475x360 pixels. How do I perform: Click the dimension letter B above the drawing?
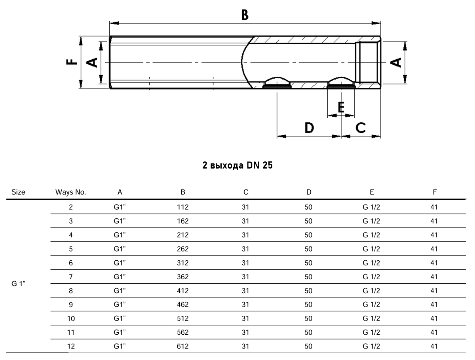coord(245,15)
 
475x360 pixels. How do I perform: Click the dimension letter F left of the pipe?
coord(72,62)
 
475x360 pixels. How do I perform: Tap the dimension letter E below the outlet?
coord(341,107)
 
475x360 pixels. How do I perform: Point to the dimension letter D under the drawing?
coord(309,128)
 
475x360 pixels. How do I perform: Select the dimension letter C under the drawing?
coord(361,127)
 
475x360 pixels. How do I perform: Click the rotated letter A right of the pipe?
coord(396,63)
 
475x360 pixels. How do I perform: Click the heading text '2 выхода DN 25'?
coord(237,165)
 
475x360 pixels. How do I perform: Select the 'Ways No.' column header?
coord(70,192)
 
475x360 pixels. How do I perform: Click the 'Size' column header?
coord(18,192)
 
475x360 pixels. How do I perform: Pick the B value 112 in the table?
coord(182,207)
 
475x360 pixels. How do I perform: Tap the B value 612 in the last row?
coord(182,346)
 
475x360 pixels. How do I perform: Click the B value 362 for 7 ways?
coord(182,277)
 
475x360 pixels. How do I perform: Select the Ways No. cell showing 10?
coord(71,318)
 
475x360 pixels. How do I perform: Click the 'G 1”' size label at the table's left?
coord(18,284)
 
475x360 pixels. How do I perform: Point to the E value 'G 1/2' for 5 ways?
coord(371,249)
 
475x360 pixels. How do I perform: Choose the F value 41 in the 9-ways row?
coord(434,305)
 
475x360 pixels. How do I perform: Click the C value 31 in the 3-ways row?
coord(245,221)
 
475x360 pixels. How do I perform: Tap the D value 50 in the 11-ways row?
coord(308,332)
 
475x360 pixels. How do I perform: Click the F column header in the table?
coord(435,192)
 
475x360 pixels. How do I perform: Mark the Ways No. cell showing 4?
coord(71,235)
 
